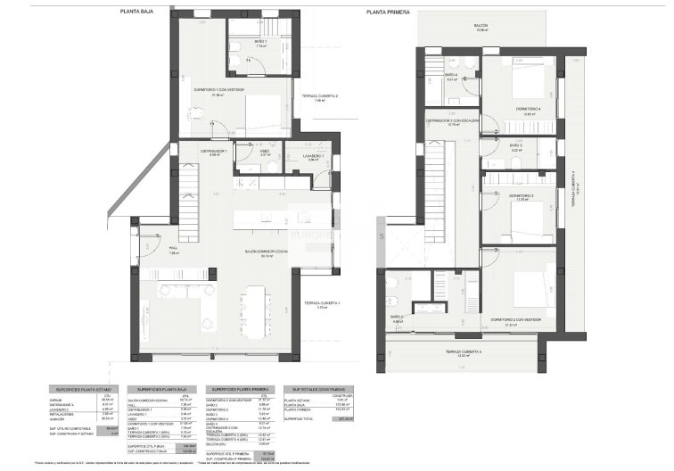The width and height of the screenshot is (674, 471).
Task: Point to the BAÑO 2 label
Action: pyautogui.click(x=397, y=317)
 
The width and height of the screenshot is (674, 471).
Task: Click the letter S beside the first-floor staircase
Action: pyautogui.click(x=380, y=236)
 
